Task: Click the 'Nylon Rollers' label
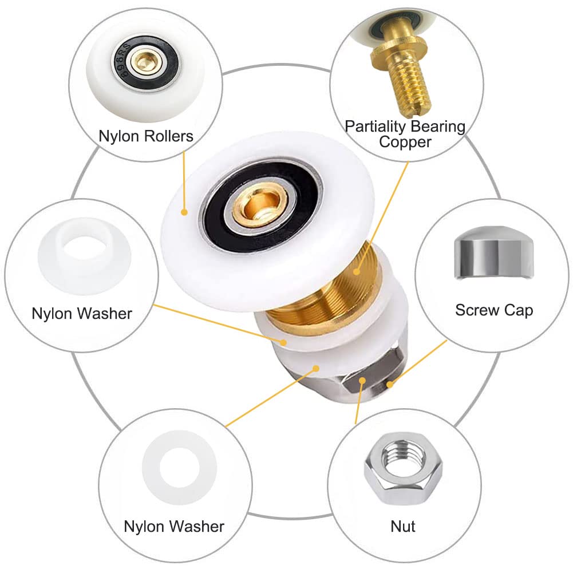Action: point(146,136)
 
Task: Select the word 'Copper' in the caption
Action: point(405,143)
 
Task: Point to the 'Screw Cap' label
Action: point(494,310)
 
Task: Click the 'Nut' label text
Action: point(403,526)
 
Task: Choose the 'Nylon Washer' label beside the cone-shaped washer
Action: point(82,314)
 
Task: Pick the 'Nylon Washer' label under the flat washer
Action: point(174,526)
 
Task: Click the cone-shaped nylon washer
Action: point(84,256)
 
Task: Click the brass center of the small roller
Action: point(143,60)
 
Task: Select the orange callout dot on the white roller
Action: point(184,212)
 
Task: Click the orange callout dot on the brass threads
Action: point(357,271)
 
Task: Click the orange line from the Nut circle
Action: point(358,402)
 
